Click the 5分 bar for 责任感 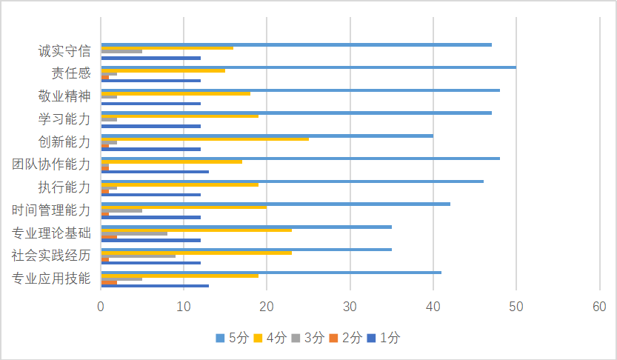(308, 67)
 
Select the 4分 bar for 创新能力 (204, 139)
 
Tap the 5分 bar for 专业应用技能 (271, 273)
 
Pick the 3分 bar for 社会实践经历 (138, 255)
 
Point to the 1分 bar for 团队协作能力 (155, 172)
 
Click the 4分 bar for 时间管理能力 (184, 207)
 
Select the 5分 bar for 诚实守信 (296, 44)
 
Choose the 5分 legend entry (232, 338)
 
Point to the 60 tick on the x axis (599, 306)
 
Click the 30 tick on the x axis (350, 306)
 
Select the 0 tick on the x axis (101, 306)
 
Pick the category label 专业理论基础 (52, 233)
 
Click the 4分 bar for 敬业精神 (176, 93)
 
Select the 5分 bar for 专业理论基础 (246, 227)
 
